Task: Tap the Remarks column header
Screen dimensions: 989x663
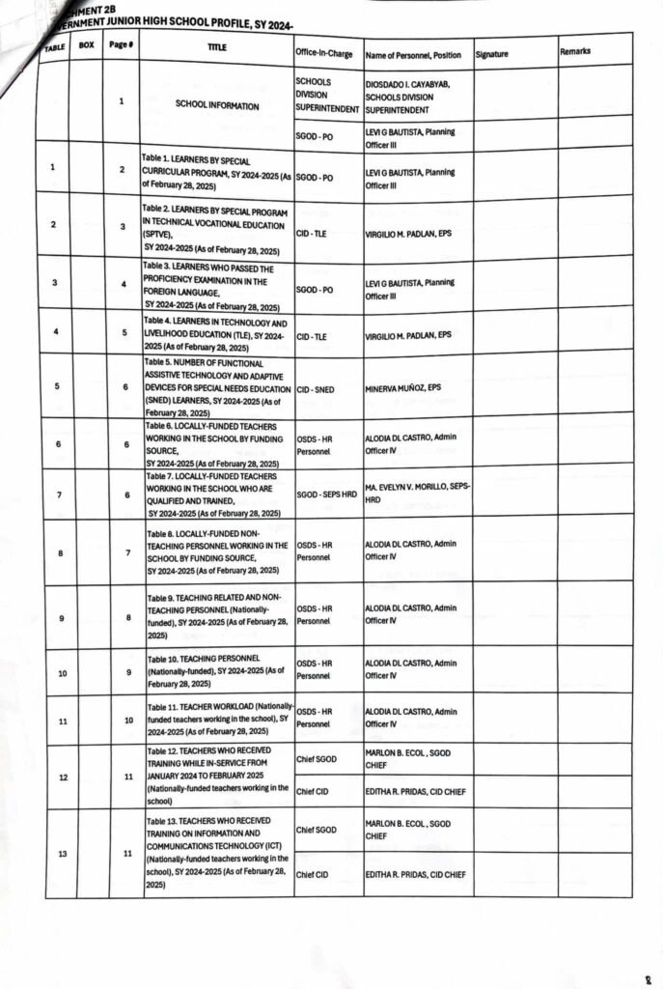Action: (575, 51)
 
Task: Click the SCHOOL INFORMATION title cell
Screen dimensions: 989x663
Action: (217, 105)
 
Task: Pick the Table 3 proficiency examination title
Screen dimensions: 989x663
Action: (215, 287)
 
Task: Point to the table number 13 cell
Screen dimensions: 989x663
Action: (63, 854)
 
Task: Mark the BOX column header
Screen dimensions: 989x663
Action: (86, 44)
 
